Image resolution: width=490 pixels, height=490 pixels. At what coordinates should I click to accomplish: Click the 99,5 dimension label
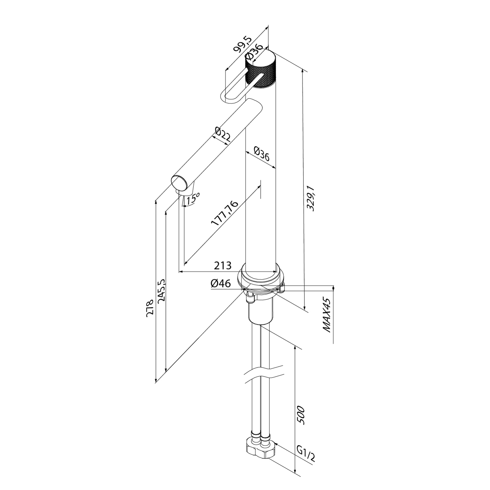[242, 45]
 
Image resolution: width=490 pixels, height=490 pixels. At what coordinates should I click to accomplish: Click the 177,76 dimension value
[224, 214]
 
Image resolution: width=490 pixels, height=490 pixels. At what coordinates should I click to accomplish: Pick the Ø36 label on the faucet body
[261, 155]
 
